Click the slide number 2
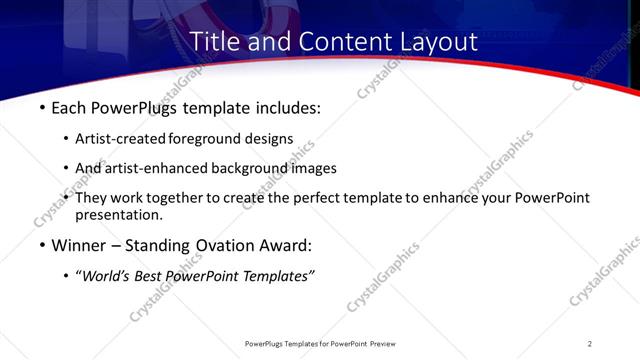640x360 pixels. (590, 343)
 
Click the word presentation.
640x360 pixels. (118, 215)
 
